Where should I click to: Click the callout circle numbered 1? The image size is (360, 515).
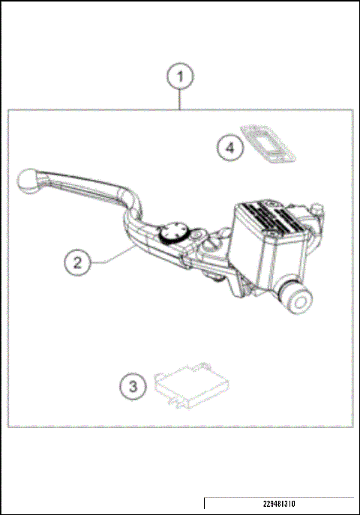pyautogui.click(x=180, y=76)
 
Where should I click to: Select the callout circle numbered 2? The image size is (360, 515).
pyautogui.click(x=76, y=262)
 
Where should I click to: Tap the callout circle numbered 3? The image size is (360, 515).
pyautogui.click(x=133, y=387)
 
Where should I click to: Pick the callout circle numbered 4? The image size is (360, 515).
pyautogui.click(x=231, y=147)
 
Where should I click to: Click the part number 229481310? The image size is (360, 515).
pyautogui.click(x=279, y=504)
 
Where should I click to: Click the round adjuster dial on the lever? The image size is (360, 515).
pyautogui.click(x=175, y=232)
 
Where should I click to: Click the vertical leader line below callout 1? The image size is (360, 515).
pyautogui.click(x=180, y=98)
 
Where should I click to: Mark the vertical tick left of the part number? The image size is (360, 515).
pyautogui.click(x=205, y=503)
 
